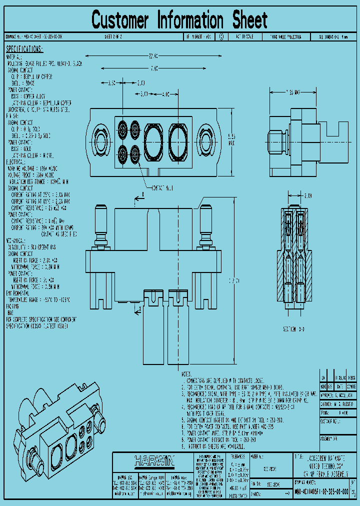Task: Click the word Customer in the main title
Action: click(120, 20)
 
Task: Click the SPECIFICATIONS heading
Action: click(24, 49)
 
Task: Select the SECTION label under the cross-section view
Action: click(292, 330)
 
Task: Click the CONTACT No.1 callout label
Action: click(163, 187)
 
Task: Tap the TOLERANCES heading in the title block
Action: click(237, 456)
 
